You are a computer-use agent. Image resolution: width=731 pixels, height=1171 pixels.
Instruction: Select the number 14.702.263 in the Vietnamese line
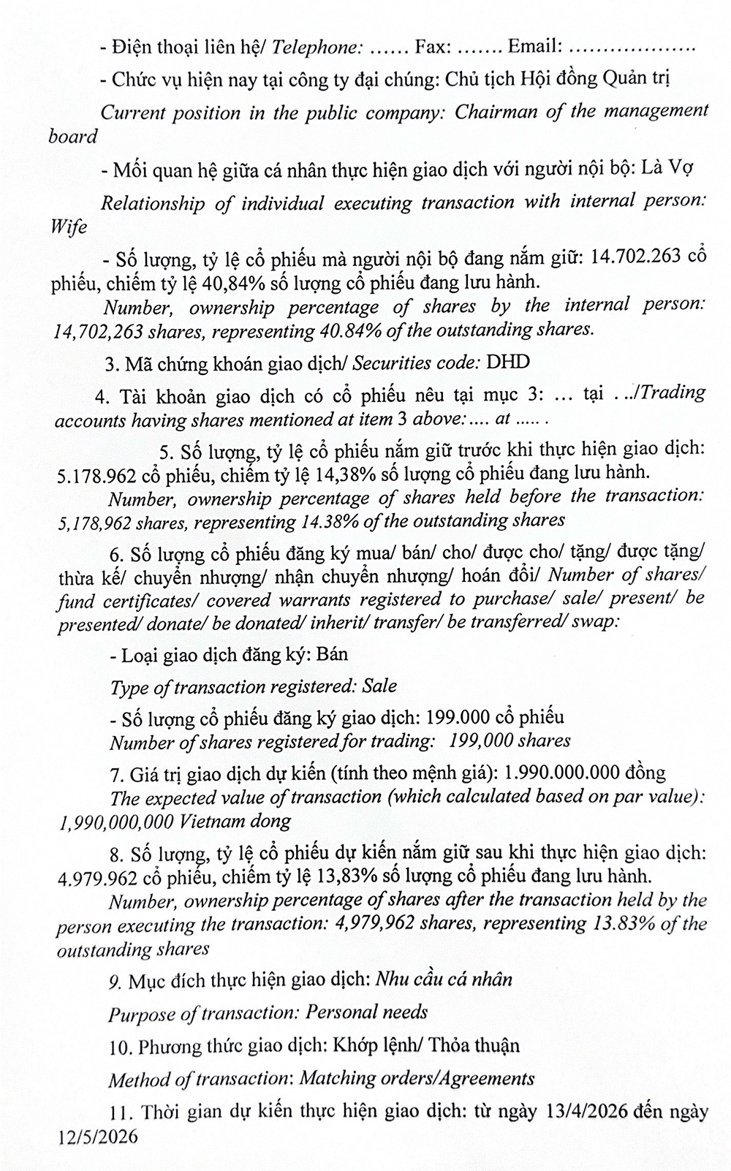635,257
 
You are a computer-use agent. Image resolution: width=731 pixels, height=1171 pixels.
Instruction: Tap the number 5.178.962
96,475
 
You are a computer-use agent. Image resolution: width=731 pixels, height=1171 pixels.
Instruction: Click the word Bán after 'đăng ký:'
333,653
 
